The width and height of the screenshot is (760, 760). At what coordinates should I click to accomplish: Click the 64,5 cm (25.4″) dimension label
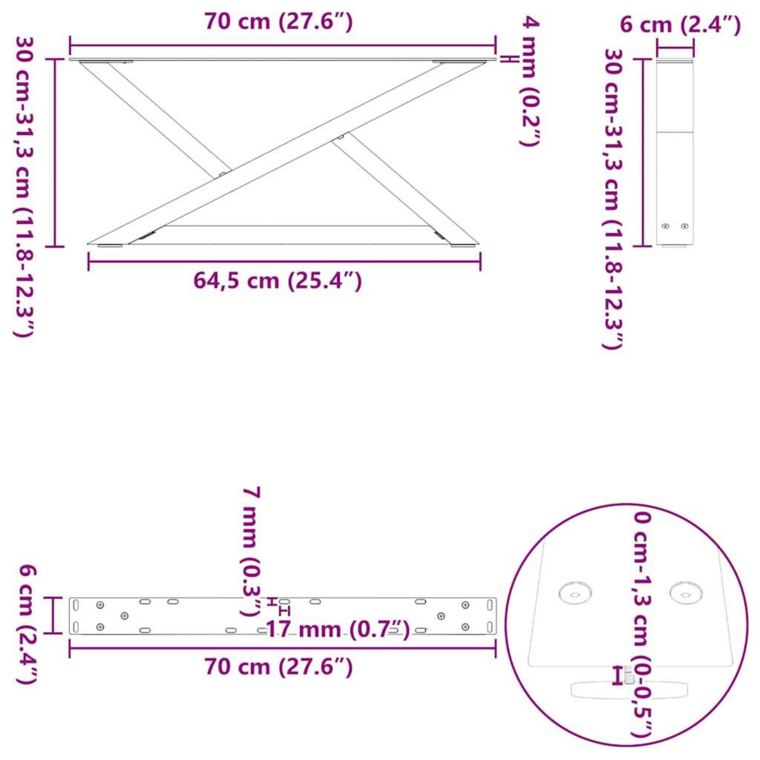pos(277,280)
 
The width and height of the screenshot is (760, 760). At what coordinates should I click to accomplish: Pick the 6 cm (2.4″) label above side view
pos(680,25)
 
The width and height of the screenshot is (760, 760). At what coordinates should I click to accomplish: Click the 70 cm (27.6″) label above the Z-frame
pos(278,22)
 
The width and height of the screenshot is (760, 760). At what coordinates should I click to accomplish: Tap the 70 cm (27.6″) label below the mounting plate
pos(278,666)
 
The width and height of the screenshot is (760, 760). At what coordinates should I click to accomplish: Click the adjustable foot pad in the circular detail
pos(630,689)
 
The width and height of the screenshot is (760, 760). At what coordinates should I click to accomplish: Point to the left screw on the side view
pos(665,226)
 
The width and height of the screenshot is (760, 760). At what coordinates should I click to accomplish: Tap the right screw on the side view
pos(684,226)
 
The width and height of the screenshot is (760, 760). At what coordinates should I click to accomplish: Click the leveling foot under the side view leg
pos(675,246)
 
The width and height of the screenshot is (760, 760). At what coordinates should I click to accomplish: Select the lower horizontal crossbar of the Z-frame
pos(298,225)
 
